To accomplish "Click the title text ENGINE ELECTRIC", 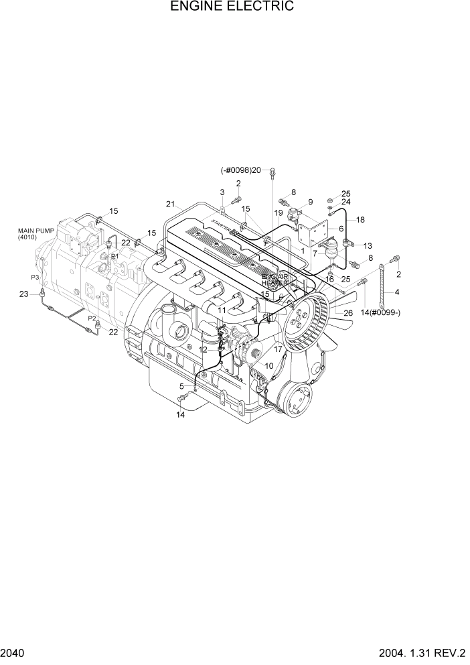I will click(232, 7).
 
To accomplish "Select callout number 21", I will click(170, 204).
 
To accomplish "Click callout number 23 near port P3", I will click(24, 294).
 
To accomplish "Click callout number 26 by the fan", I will click(347, 312).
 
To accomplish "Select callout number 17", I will click(277, 349).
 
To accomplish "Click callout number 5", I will click(181, 386).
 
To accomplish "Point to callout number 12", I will click(203, 349).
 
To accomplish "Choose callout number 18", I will click(360, 220).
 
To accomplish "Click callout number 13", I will click(368, 245).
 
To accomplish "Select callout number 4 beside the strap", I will click(397, 292).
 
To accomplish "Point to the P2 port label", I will click(92, 318).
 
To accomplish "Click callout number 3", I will click(222, 192).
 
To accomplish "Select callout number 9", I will click(310, 202).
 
